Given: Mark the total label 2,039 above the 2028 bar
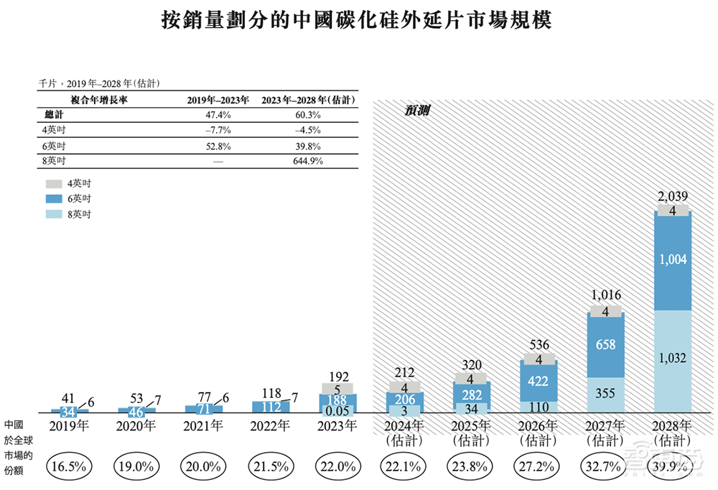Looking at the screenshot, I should click(x=673, y=197).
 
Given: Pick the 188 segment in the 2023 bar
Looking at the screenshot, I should click(x=337, y=399).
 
